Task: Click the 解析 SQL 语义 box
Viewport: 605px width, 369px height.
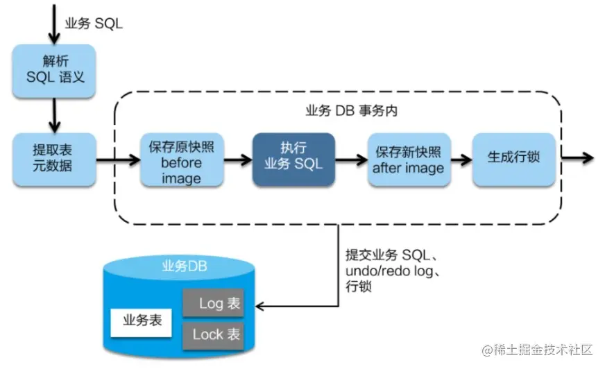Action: pos(54,70)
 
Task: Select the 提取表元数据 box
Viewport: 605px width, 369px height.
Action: pos(54,160)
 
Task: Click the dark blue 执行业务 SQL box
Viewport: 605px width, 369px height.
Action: pos(293,158)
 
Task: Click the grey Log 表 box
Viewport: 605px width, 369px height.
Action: pos(213,303)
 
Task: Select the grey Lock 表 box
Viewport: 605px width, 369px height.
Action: pos(213,334)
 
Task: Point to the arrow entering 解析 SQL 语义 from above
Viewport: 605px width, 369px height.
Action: pos(53,24)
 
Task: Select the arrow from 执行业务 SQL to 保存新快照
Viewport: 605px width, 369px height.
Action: pos(350,160)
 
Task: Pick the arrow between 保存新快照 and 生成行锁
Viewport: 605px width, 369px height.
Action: pos(459,158)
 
